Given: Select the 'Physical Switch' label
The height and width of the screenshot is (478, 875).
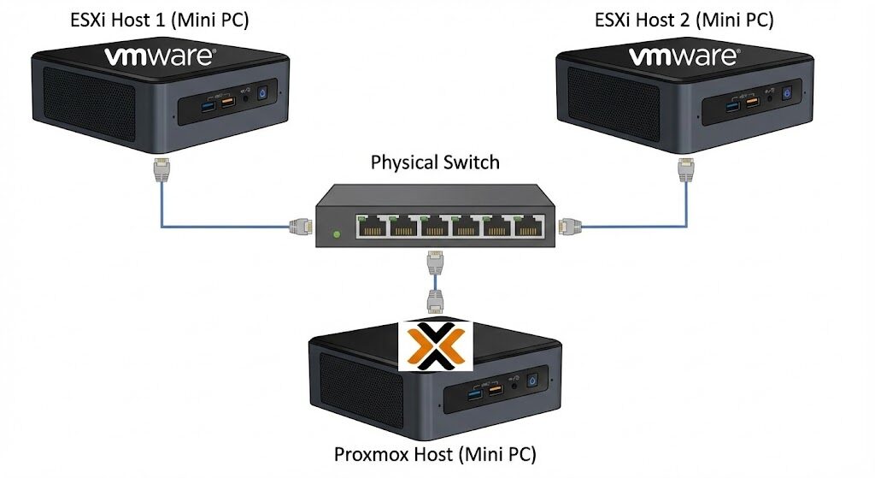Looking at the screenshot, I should pos(435,162).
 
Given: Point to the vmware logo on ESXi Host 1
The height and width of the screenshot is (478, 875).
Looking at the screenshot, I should pos(160,58).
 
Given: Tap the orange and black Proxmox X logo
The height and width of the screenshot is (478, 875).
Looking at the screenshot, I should pos(436,345).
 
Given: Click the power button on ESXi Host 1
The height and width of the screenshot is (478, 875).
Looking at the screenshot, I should pos(262,92).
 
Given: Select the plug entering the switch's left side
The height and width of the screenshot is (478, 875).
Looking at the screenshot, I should pos(300,227).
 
